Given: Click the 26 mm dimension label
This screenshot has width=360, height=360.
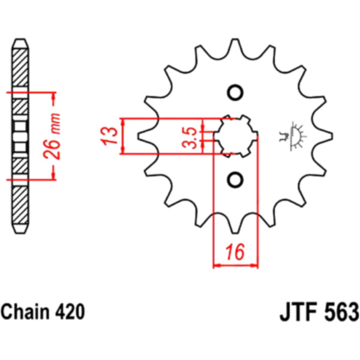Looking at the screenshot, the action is coord(52,136).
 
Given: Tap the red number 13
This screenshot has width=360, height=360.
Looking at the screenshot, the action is coord(109,136).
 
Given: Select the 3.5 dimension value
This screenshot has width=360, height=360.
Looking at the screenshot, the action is coord(190,137).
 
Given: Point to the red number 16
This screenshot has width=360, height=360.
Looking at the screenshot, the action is coord(235,253).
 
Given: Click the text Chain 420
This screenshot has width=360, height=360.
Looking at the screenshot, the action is coord(43,312).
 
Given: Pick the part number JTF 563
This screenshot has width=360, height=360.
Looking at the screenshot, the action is coord(319,312).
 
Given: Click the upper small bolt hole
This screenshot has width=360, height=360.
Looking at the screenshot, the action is coord(235,93).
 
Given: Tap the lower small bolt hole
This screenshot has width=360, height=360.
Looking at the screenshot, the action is coord(235,180).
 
